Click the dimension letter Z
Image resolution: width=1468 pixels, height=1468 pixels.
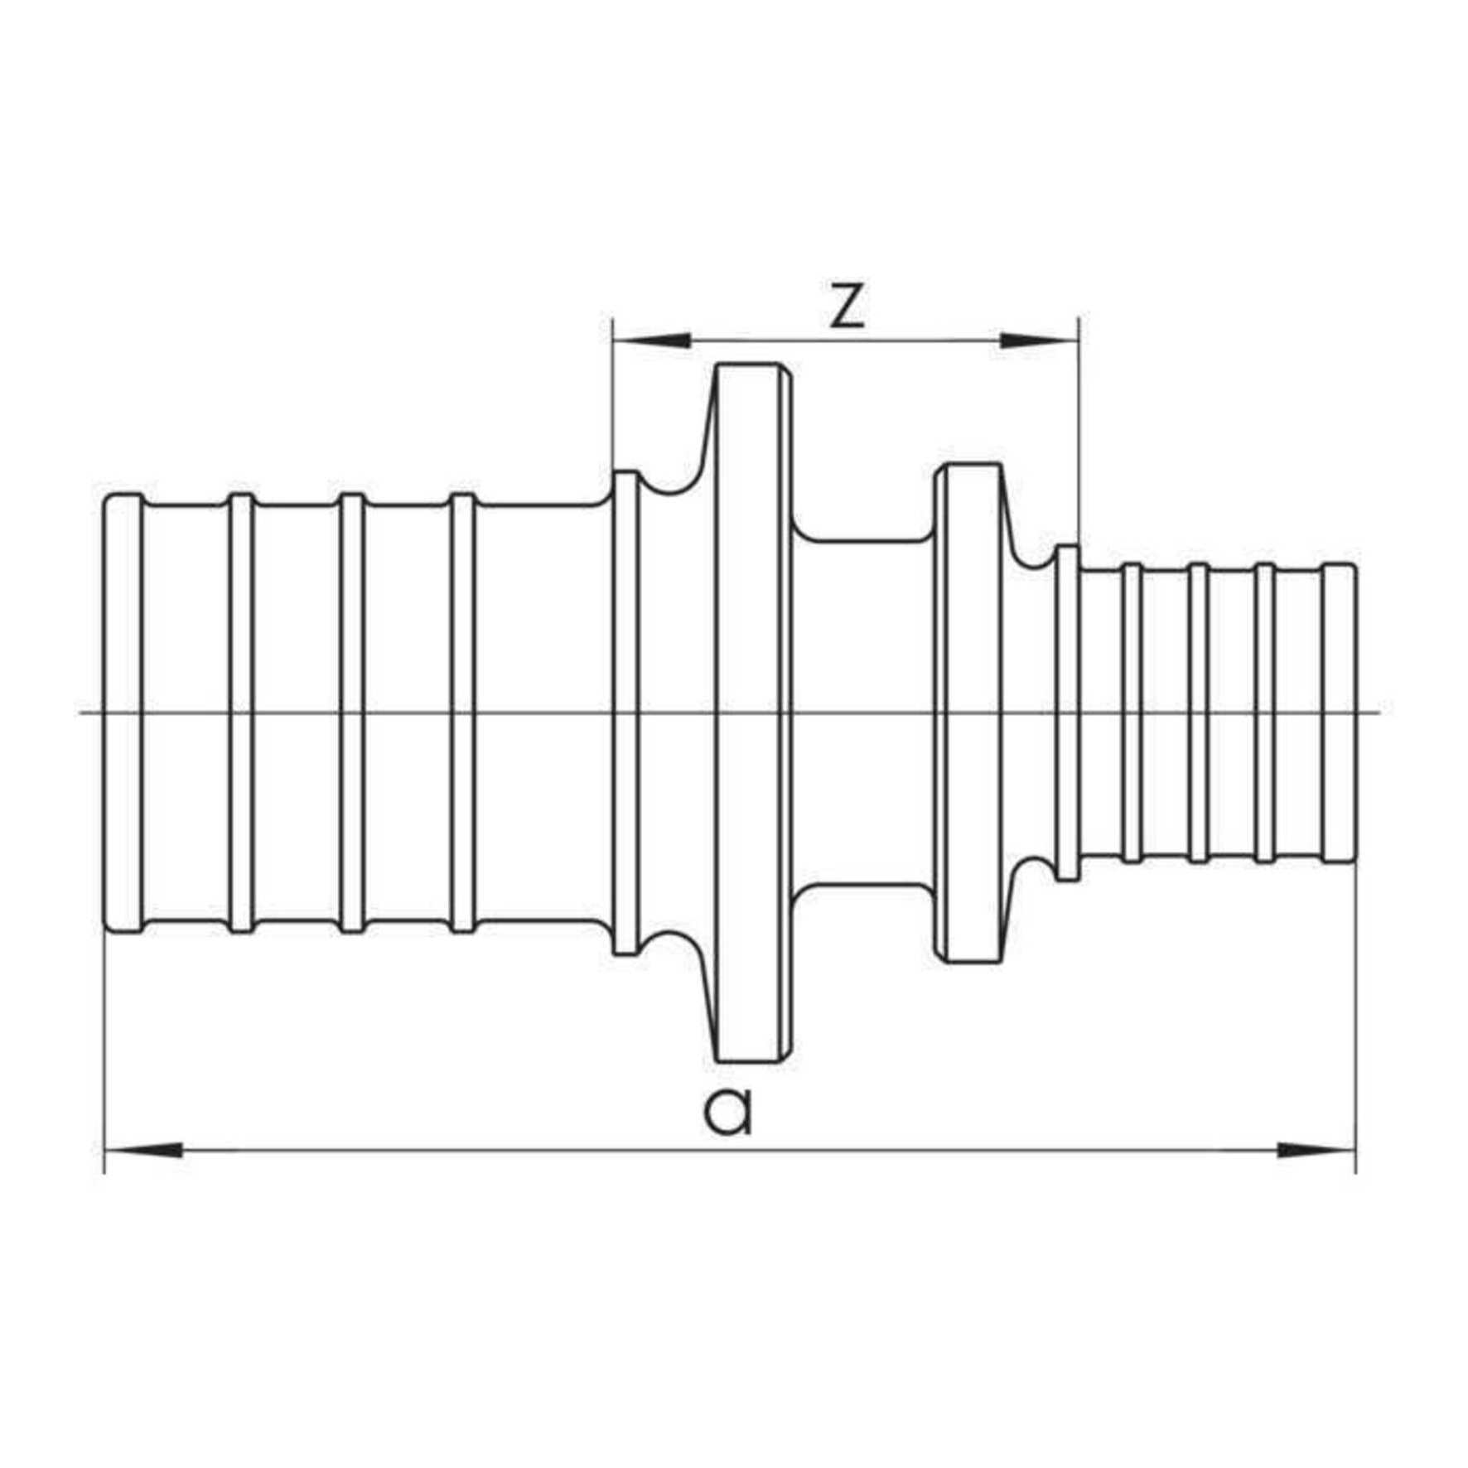point(847,307)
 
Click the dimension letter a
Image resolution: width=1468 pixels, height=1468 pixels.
point(728,1112)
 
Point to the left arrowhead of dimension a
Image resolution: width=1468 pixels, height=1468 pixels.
point(144,1150)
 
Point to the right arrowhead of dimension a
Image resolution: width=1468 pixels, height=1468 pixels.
point(1316,1150)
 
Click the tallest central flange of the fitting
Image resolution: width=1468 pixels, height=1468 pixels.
point(748,712)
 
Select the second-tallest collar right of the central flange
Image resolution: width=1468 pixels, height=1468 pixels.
point(969,712)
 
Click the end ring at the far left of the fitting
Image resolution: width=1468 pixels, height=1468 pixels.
point(123,712)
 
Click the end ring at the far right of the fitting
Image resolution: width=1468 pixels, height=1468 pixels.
point(1339,712)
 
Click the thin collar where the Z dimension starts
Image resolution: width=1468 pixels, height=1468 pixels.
point(625,712)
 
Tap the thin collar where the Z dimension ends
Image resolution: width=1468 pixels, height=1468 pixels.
point(1068,712)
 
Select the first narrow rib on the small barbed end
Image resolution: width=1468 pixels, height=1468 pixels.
point(1132,712)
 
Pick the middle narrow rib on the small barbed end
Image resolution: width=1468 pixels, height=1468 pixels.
point(1199,712)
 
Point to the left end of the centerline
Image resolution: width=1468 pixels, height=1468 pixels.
point(79,712)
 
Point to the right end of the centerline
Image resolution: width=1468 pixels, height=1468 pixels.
point(1381,712)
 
